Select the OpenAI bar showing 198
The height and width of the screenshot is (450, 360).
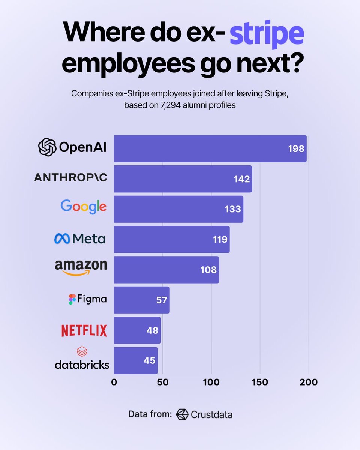tap(210, 149)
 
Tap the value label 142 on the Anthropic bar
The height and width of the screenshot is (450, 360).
tap(242, 179)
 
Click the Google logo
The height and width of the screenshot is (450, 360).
tap(83, 207)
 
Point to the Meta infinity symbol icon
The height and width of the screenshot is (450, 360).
tap(62, 238)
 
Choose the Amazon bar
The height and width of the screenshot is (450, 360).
tap(166, 270)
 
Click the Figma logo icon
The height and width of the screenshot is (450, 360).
tap(72, 299)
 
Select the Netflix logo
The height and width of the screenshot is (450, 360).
tap(84, 330)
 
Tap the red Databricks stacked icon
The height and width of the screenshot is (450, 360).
tap(82, 352)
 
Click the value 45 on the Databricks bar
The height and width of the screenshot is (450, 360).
tap(149, 360)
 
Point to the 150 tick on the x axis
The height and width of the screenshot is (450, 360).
tap(260, 382)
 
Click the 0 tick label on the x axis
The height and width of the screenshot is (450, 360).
tap(114, 382)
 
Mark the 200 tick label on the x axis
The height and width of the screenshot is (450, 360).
tap(309, 382)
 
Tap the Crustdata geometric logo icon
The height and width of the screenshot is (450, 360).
tap(182, 414)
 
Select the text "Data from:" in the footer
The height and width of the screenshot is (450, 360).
tap(150, 414)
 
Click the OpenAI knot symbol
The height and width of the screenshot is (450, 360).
tap(47, 147)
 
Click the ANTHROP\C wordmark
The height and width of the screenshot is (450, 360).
tap(70, 178)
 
